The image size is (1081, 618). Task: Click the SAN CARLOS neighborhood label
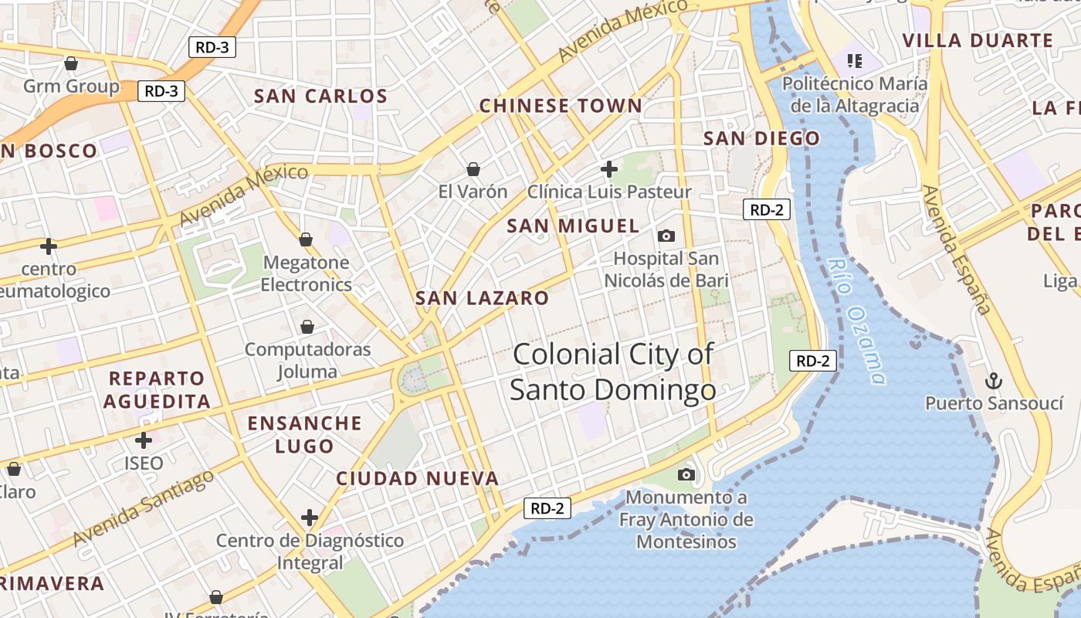(320, 97)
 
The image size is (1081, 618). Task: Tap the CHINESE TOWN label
(561, 106)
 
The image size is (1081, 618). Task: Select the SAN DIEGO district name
(761, 139)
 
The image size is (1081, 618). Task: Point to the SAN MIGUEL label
(573, 226)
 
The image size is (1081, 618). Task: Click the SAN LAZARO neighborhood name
(482, 298)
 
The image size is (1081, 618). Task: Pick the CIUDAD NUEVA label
(417, 479)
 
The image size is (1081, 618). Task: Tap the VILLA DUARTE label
(978, 41)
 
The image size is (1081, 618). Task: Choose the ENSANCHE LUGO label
(304, 434)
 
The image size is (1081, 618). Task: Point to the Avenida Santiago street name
(144, 507)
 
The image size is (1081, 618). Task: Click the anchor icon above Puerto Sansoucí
(995, 380)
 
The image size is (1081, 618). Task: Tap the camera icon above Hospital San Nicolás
(666, 236)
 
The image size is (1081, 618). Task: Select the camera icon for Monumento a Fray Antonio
(686, 474)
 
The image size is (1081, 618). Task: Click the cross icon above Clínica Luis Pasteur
(609, 168)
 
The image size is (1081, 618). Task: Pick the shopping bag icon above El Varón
(473, 168)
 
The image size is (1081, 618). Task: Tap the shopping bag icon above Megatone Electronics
(306, 239)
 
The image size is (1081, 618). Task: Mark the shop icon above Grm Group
(71, 63)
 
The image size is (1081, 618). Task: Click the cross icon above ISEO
(144, 440)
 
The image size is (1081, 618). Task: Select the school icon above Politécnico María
(854, 59)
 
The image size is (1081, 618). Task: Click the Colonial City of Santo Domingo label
(613, 372)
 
